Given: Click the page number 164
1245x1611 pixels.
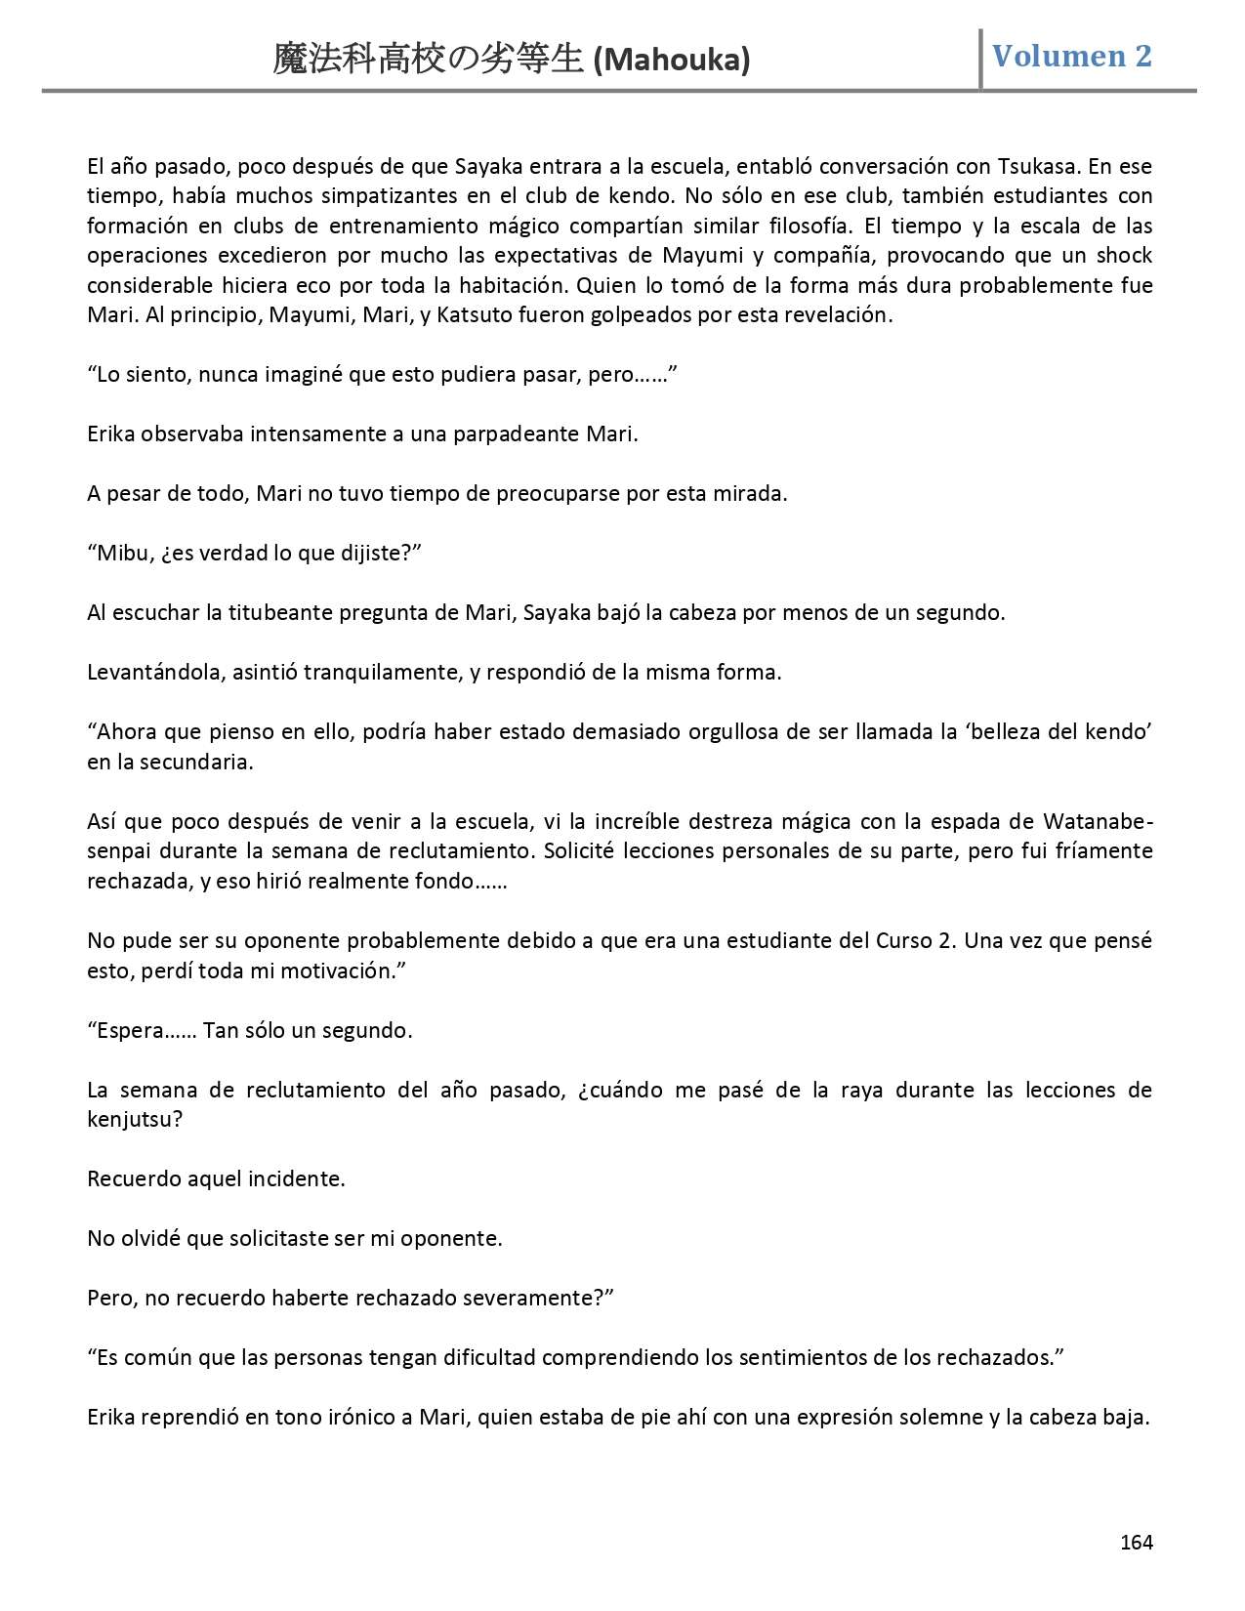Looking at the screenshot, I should click(x=1136, y=1542).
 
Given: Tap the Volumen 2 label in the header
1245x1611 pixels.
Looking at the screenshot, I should click(x=1072, y=57).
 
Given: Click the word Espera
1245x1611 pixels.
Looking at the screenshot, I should click(x=131, y=1031).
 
